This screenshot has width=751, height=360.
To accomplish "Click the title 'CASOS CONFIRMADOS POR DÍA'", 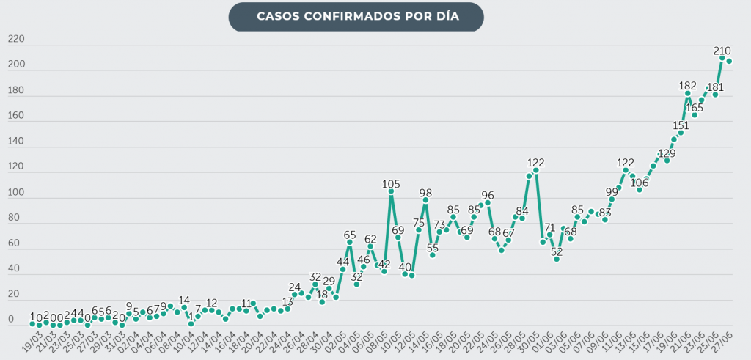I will point(357,16).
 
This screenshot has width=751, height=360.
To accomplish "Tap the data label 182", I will point(687,85).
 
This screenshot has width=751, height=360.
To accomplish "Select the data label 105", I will point(391,183).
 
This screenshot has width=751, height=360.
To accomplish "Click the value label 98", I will point(425,193).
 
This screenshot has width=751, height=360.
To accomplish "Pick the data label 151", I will point(681,124).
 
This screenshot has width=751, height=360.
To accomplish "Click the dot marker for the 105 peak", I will point(391,191).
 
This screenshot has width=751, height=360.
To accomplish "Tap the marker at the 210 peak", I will point(722,58).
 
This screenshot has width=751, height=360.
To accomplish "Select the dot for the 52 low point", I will point(557,260).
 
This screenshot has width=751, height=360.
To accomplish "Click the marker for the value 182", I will point(688,93).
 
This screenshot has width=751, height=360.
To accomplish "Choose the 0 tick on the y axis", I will point(10,320).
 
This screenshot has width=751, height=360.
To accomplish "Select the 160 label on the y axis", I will point(16,116).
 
